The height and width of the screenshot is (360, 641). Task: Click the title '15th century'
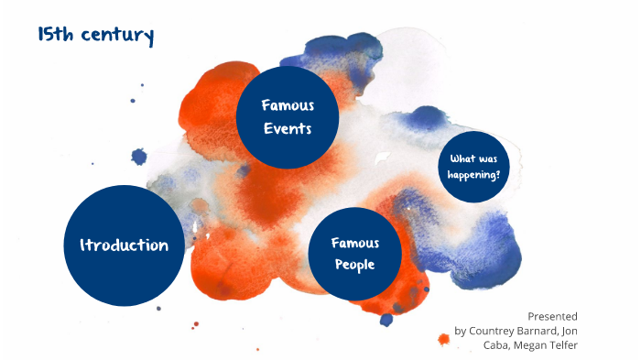[x=95, y=36]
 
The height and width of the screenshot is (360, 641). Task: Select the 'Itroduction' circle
[x=124, y=245]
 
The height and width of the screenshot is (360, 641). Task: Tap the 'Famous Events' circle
[x=288, y=116]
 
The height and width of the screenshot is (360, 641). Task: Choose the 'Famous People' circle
[x=354, y=254]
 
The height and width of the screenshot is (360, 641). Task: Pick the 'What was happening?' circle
[x=473, y=167]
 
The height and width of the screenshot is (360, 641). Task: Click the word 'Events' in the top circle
[x=288, y=129]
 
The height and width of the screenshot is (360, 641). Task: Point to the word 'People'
[x=354, y=266]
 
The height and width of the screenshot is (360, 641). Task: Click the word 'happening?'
[x=473, y=174]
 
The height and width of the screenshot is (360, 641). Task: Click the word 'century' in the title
[x=115, y=37]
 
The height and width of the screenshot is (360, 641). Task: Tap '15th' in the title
[x=54, y=36]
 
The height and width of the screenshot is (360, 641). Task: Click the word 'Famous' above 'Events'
[x=288, y=105]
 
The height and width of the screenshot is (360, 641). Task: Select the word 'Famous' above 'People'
[x=354, y=243]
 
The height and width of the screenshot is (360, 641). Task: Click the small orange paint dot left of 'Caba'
[x=444, y=340]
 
